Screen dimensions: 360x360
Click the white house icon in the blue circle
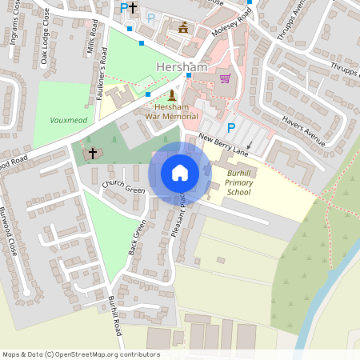(180, 173)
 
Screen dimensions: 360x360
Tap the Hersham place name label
(182, 68)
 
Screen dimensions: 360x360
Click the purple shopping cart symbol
(226, 78)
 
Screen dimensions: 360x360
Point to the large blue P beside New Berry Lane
(231, 127)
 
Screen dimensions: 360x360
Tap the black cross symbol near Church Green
(93, 152)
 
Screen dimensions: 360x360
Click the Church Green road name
(123, 190)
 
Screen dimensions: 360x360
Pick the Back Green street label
(138, 238)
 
